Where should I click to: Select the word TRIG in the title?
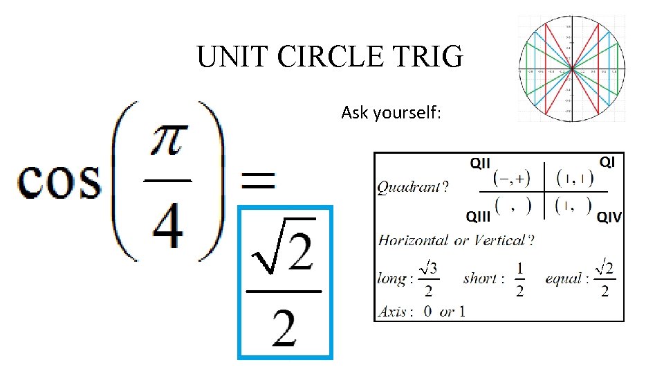click(x=430, y=57)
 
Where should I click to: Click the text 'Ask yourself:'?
click(x=390, y=112)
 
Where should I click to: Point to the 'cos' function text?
click(x=58, y=181)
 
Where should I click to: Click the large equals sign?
click(x=257, y=181)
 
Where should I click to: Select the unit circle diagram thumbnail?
click(x=571, y=69)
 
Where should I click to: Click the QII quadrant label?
click(x=480, y=163)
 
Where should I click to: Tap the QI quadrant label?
click(x=607, y=162)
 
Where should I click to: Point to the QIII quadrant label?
click(x=479, y=217)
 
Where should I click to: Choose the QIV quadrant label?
click(x=609, y=217)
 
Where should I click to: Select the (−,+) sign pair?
click(x=511, y=180)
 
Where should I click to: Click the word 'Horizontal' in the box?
click(x=412, y=240)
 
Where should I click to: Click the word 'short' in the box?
click(x=480, y=278)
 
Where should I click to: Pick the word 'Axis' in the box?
click(x=392, y=311)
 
